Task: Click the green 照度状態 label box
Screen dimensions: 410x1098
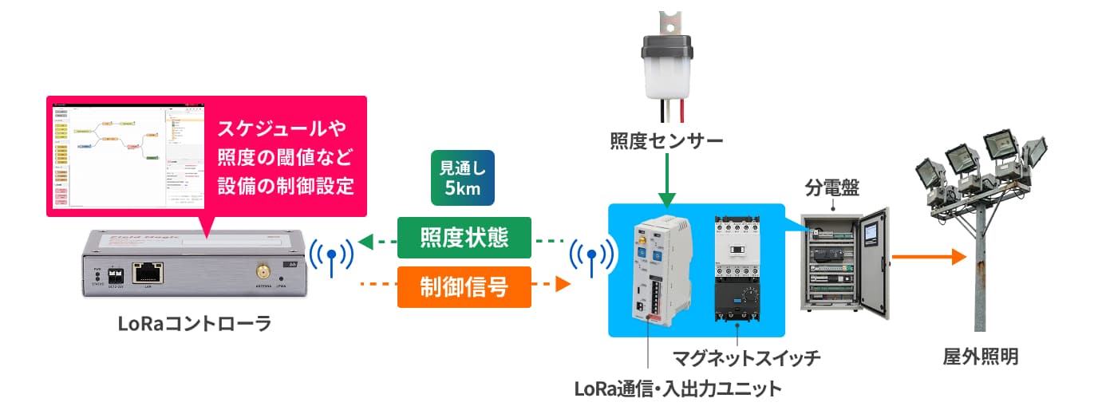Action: click(464, 238)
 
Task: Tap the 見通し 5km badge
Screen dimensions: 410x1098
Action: click(462, 179)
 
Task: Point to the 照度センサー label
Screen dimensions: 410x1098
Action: click(666, 142)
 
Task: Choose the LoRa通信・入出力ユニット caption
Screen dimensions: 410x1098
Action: click(677, 389)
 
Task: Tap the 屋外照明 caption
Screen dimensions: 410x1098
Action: click(980, 357)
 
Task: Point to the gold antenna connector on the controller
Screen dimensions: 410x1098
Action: click(262, 270)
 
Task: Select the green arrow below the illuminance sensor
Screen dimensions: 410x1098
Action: click(666, 180)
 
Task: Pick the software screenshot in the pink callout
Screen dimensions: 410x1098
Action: click(128, 155)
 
